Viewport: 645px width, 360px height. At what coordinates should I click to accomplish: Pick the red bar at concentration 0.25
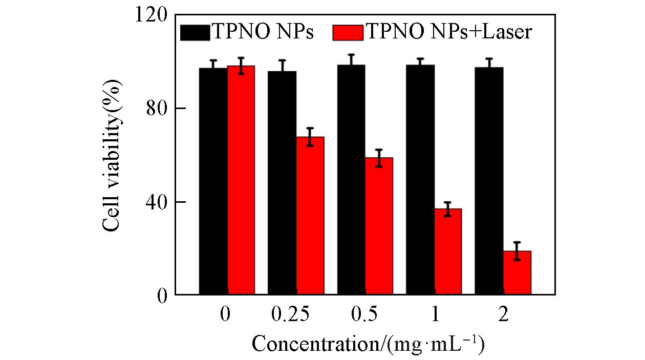[310, 216]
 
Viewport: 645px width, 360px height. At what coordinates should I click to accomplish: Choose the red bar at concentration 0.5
[379, 226]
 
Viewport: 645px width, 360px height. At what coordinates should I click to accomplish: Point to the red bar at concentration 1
[448, 251]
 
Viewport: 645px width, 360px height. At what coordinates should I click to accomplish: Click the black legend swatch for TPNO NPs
[195, 32]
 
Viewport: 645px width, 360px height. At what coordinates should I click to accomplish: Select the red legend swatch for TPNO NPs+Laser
[348, 32]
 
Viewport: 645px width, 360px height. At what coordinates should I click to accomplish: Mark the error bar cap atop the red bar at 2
[517, 242]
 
